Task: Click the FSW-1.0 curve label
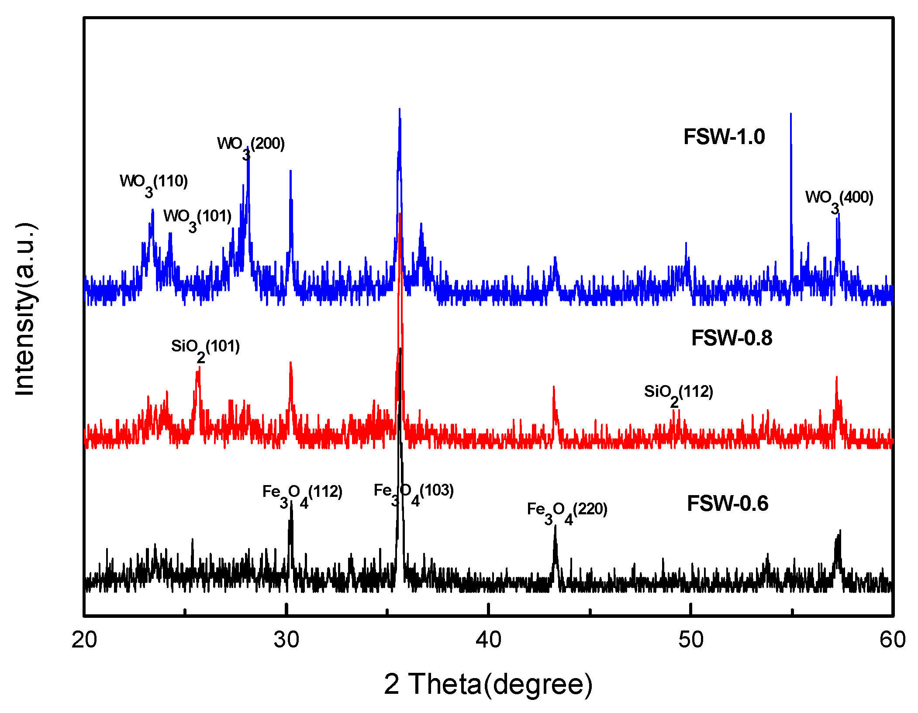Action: pos(724,137)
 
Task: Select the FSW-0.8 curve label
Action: pos(732,338)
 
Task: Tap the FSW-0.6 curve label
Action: pos(728,503)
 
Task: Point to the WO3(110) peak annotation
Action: pos(154,183)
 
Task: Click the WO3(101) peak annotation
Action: pos(197,218)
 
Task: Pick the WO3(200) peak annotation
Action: pos(251,146)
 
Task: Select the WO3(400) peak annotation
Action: pos(839,200)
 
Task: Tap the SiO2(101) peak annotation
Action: pos(205,348)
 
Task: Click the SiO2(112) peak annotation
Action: pos(678,394)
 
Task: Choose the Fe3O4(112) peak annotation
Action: pos(302,494)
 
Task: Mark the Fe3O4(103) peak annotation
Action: pos(414,493)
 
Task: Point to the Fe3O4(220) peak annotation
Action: pos(567,511)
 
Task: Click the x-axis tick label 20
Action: pos(84,640)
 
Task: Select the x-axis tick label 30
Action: pos(286,640)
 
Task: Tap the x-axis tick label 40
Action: pos(488,640)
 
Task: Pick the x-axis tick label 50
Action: pos(690,640)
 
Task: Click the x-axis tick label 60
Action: pos(892,640)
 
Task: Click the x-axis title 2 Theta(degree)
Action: pos(488,684)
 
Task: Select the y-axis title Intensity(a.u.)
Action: pos(25,309)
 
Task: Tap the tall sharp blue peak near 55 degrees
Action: pos(791,131)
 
